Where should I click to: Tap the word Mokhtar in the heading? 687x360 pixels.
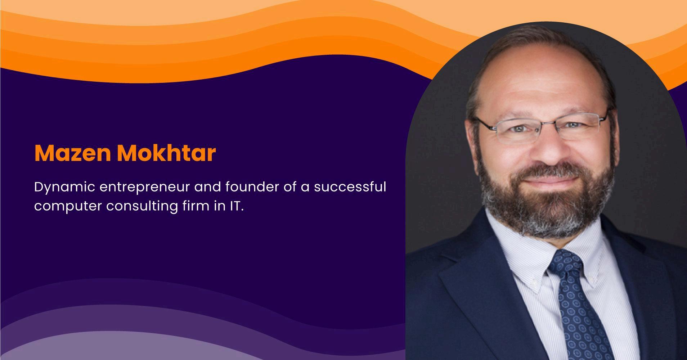[166, 153]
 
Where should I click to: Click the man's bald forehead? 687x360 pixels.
[538, 76]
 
